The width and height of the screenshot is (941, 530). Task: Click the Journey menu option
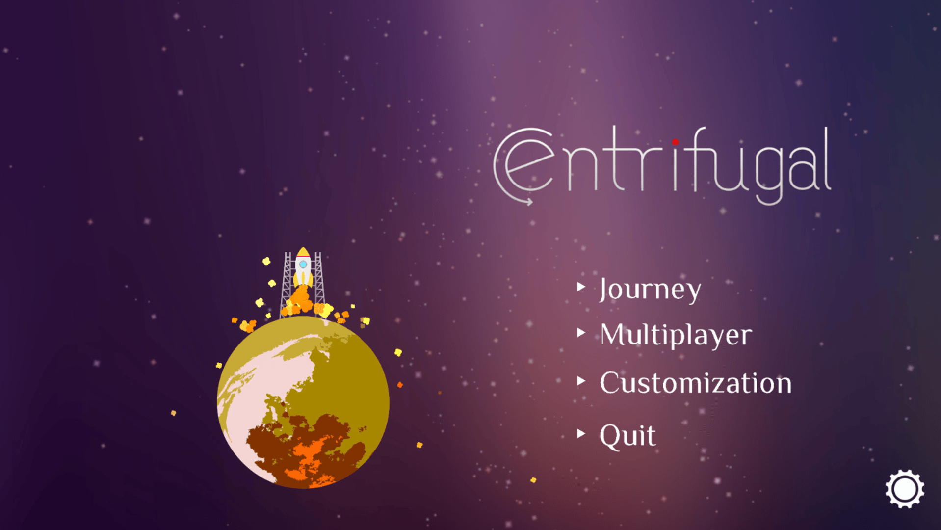[650, 289]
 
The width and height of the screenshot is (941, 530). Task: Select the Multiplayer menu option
[676, 335]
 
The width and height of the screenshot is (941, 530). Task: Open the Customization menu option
[696, 383]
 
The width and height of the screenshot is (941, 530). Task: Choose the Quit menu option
[627, 436]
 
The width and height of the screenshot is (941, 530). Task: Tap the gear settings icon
[905, 489]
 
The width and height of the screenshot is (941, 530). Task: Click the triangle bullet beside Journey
[581, 287]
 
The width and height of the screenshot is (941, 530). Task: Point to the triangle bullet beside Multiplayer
[581, 333]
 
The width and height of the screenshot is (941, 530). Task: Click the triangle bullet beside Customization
[581, 381]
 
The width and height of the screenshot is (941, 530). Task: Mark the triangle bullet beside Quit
[581, 433]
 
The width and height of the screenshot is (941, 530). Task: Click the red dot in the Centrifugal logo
[676, 142]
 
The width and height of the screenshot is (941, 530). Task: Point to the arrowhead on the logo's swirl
[529, 201]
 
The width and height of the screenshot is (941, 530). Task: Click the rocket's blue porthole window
[303, 265]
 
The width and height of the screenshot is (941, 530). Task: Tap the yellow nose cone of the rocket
[303, 252]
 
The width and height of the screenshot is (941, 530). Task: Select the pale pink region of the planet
[250, 402]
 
